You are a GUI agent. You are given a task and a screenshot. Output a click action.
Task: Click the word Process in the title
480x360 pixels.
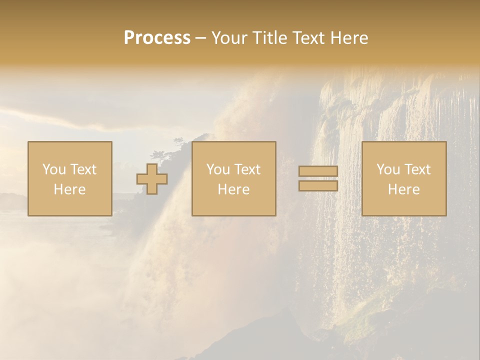157,38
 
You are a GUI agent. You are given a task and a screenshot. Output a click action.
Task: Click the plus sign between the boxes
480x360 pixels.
152,179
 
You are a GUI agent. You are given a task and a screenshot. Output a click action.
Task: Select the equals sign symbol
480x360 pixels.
318,178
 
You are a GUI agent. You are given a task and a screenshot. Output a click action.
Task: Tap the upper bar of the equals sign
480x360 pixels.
318,171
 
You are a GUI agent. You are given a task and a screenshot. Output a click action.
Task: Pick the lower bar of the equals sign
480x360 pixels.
318,185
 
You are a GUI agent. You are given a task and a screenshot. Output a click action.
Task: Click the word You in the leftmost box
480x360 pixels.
54,169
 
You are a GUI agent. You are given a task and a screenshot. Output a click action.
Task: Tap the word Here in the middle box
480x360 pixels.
234,189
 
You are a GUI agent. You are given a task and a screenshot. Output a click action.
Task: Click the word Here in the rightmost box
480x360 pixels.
404,189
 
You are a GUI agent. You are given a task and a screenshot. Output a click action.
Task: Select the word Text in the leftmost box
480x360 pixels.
83,169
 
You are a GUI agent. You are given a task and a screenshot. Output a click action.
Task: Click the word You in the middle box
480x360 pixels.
218,169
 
